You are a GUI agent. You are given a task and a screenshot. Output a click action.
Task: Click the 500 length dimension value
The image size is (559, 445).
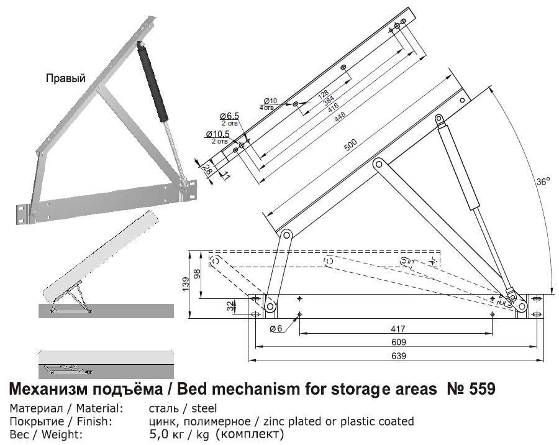click(x=351, y=148)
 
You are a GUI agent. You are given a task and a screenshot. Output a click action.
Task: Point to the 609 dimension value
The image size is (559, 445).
click(x=398, y=342)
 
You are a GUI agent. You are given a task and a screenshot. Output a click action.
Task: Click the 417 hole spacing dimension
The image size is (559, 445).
click(x=398, y=328)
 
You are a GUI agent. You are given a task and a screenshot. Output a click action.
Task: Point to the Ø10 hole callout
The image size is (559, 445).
click(x=270, y=101)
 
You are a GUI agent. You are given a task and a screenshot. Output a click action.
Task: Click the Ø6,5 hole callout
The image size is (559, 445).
click(x=229, y=116)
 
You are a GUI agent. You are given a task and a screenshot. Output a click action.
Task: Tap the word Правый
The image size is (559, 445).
click(x=65, y=78)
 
